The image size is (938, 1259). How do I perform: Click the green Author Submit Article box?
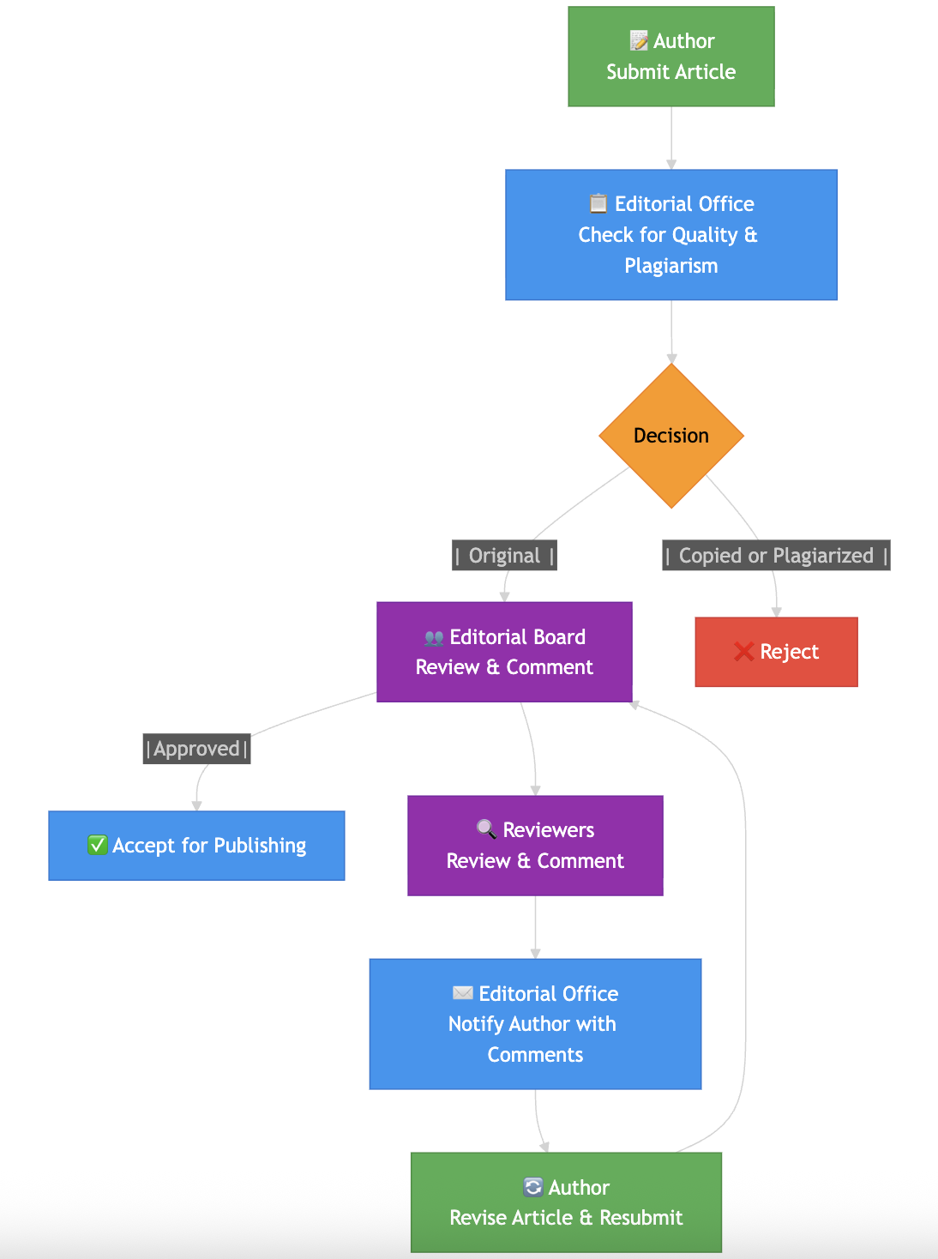(x=670, y=57)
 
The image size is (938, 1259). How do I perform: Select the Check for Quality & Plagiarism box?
(x=670, y=234)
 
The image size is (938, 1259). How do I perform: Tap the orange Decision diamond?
(x=670, y=436)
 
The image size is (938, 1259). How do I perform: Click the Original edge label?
(x=504, y=556)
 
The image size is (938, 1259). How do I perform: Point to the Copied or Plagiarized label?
(x=776, y=556)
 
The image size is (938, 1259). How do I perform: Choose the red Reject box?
(x=776, y=652)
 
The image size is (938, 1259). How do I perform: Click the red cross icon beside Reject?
(x=743, y=652)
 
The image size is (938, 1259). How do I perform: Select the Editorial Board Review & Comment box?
(x=504, y=652)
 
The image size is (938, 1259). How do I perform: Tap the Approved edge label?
(x=196, y=749)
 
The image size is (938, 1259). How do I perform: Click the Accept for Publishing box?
(x=196, y=846)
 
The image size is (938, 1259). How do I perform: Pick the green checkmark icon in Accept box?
(x=98, y=846)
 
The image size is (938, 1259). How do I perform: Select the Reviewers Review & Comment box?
(x=535, y=846)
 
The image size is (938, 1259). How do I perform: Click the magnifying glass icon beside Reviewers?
(x=486, y=829)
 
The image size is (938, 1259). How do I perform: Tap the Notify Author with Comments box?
(x=535, y=1024)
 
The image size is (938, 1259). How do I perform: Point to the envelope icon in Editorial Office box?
(x=463, y=993)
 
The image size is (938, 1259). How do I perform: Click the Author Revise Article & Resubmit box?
(x=566, y=1202)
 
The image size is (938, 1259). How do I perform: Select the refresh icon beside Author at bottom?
(x=532, y=1187)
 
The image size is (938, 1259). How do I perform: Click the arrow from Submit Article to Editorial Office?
(x=671, y=137)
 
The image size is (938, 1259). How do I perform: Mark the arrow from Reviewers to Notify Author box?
(x=535, y=926)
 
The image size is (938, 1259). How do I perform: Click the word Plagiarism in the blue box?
(x=670, y=266)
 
